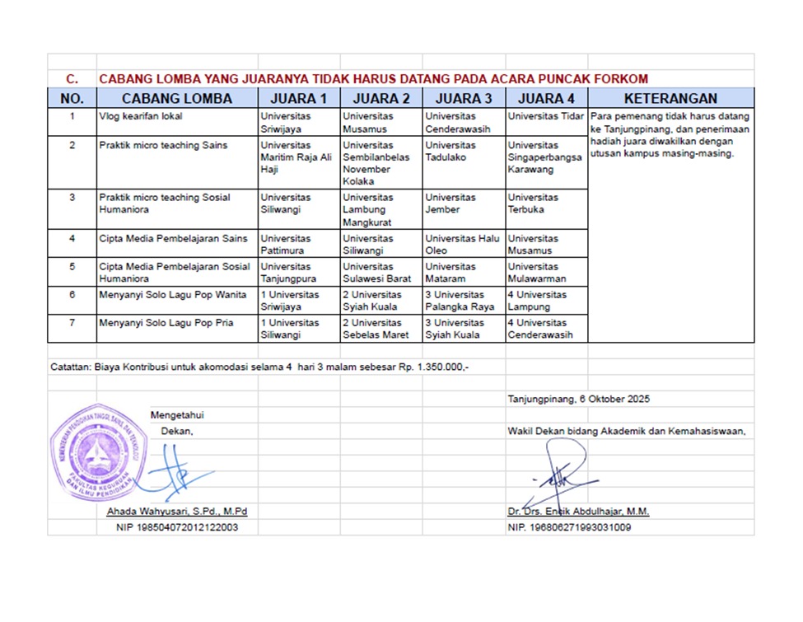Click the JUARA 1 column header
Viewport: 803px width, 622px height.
(299, 99)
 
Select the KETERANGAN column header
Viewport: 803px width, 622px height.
(670, 99)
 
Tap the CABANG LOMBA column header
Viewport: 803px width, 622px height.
(177, 99)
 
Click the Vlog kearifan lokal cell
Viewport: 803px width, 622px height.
(141, 117)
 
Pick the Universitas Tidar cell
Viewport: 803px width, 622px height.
(546, 117)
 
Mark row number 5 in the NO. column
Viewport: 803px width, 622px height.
(72, 267)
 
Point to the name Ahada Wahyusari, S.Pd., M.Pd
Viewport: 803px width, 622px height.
(177, 512)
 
